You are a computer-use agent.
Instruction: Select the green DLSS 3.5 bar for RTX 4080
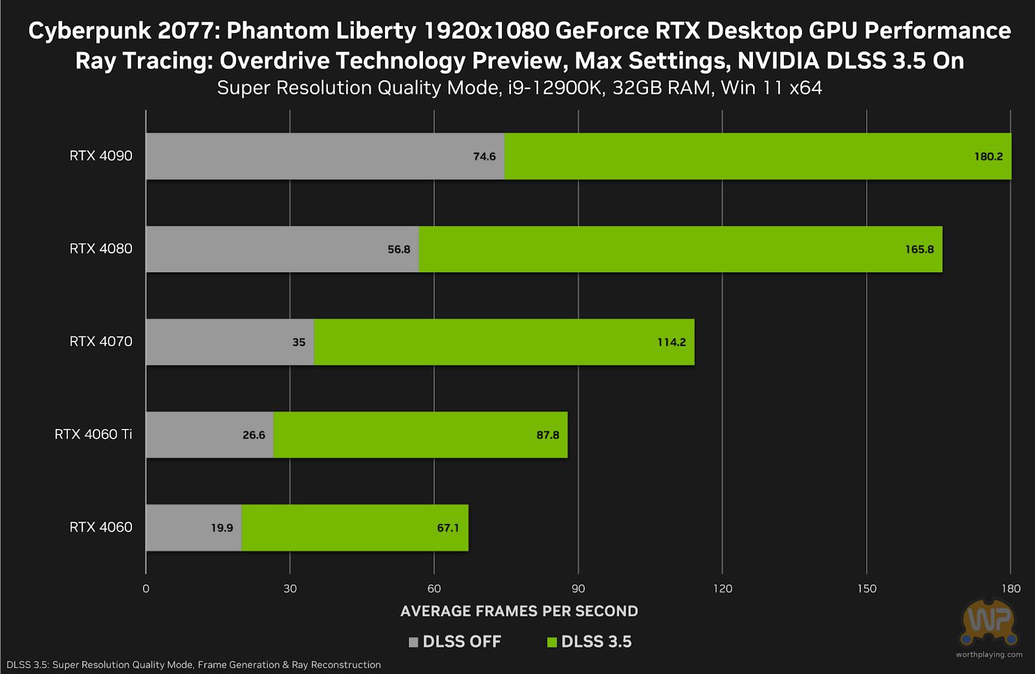click(679, 249)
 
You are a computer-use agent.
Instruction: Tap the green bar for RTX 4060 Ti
click(420, 435)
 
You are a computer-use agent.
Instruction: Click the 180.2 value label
click(988, 157)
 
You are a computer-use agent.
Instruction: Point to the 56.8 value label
click(399, 250)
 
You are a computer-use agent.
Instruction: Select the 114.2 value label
click(671, 342)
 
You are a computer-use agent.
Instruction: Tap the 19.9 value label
click(222, 528)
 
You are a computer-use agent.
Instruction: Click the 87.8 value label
click(547, 435)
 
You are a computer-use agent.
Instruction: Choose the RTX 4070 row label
click(101, 342)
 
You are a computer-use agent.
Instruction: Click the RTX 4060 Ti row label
click(93, 434)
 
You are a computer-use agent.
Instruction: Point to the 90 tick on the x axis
click(578, 589)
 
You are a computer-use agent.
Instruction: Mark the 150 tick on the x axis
click(867, 589)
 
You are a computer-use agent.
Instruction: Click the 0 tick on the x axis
click(146, 589)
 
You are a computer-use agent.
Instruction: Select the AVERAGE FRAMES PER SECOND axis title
click(519, 611)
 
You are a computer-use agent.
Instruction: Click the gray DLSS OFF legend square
click(414, 642)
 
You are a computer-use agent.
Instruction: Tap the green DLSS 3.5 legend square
click(552, 642)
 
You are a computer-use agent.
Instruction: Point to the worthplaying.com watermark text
click(989, 655)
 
